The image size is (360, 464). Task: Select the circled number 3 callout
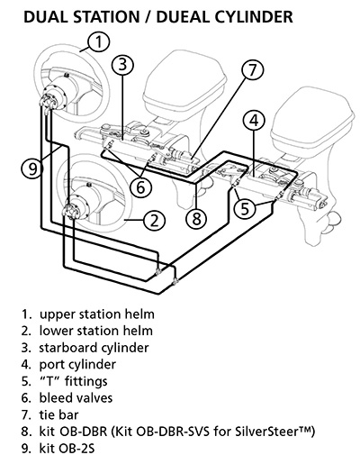(x=124, y=64)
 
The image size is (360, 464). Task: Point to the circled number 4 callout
(x=255, y=120)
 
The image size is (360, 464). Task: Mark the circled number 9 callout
(x=30, y=167)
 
